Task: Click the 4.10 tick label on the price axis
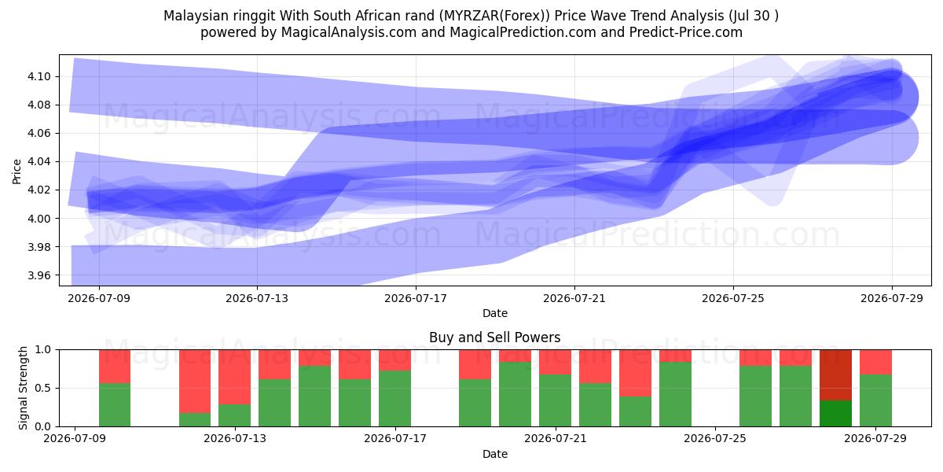pos(39,77)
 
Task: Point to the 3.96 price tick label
pos(39,275)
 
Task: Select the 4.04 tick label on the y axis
pos(39,162)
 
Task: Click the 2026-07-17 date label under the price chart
pos(416,298)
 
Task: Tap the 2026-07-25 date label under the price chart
pos(733,298)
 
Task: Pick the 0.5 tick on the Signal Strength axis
pos(43,388)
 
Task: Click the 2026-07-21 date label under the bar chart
pos(556,439)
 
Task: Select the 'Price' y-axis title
pos(17,171)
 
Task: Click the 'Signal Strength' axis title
pos(23,388)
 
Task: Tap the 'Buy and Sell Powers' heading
pos(494,337)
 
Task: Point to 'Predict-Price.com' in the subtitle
pos(686,32)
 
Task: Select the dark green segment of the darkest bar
pos(835,414)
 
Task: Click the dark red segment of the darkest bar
pos(835,375)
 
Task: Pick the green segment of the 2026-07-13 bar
pos(234,415)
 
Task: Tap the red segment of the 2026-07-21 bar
pos(556,362)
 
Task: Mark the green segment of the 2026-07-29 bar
pos(875,400)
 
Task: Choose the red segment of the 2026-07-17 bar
pos(394,360)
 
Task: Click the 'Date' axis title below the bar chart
pos(494,454)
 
